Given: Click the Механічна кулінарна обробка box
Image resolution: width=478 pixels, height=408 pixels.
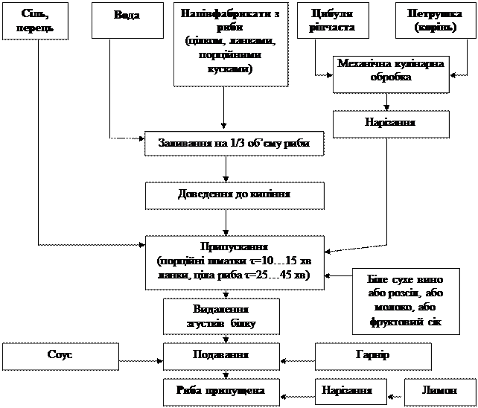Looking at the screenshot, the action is pyautogui.click(x=391, y=71).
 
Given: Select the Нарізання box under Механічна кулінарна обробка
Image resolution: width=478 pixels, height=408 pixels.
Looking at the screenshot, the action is pyautogui.click(x=391, y=124).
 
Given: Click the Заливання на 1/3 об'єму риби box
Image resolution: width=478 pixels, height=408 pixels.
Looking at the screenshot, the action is pyautogui.click(x=234, y=143).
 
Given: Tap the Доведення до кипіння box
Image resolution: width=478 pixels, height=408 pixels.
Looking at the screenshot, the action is pyautogui.click(x=234, y=194).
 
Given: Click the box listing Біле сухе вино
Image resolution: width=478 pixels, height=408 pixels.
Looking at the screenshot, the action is pyautogui.click(x=401, y=301).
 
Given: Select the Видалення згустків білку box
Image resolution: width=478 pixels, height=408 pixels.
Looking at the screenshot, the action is pyautogui.click(x=221, y=316).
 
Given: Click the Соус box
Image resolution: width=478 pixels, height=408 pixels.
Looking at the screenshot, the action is pyautogui.click(x=60, y=356).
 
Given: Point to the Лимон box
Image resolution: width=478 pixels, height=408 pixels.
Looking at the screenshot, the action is pyautogui.click(x=437, y=392).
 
